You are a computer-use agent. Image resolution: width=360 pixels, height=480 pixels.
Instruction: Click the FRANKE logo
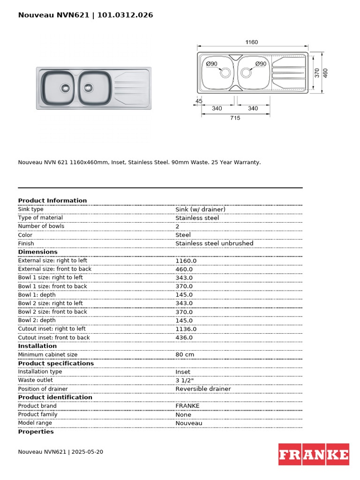pyautogui.click(x=314, y=454)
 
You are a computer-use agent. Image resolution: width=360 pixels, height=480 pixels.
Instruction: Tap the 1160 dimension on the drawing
pyautogui.click(x=252, y=42)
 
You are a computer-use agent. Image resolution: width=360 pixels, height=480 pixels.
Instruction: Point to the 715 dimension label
pyautogui.click(x=235, y=118)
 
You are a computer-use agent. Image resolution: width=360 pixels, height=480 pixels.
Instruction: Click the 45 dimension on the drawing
pyautogui.click(x=199, y=101)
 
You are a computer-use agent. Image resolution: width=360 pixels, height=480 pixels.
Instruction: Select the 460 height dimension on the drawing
pyautogui.click(x=325, y=73)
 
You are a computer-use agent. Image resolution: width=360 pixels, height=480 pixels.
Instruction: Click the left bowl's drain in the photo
pyautogui.click(x=65, y=87)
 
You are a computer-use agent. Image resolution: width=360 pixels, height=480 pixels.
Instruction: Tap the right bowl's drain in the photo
pyautogui.click(x=88, y=87)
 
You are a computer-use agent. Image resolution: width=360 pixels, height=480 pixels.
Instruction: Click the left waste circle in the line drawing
pyautogui.click(x=225, y=73)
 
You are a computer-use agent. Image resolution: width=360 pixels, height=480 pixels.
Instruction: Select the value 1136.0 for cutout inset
pyautogui.click(x=186, y=329)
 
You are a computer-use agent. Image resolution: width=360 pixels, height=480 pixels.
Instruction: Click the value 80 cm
pyautogui.click(x=185, y=355)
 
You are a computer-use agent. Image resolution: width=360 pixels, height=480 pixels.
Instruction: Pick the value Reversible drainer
pyautogui.click(x=203, y=389)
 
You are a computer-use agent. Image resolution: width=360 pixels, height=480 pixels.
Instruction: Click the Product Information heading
pyautogui.click(x=52, y=201)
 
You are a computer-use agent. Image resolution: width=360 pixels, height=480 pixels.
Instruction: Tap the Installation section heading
pyautogui.click(x=37, y=346)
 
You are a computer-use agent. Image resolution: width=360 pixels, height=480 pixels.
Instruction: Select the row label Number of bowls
pyautogui.click(x=41, y=226)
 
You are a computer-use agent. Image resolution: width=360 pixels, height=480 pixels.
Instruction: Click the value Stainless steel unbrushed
pyautogui.click(x=214, y=244)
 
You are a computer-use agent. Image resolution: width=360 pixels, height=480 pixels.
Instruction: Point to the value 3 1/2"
pyautogui.click(x=184, y=380)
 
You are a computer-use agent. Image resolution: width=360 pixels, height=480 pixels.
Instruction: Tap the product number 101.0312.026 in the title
pyautogui.click(x=125, y=15)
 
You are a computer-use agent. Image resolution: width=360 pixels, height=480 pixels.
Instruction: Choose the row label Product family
pyautogui.click(x=37, y=414)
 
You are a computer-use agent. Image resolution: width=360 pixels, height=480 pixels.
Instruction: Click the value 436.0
pyautogui.click(x=184, y=337)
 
